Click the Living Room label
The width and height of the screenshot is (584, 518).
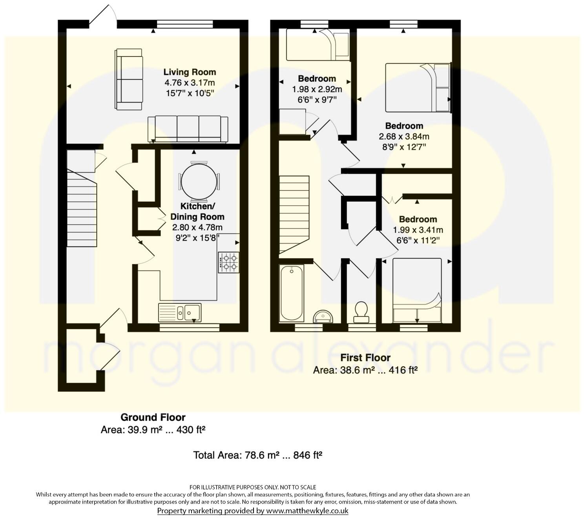point(190,72)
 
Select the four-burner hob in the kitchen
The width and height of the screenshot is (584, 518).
point(228,263)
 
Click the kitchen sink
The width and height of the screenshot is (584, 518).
point(180,312)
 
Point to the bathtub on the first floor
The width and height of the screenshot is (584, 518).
point(292,294)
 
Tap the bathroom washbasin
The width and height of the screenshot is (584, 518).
point(323,316)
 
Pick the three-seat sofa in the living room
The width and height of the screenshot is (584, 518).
point(188,129)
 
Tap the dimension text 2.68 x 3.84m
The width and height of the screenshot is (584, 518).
point(404,136)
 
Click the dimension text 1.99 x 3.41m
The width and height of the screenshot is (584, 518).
point(418,230)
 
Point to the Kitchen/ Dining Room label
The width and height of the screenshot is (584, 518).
point(197,212)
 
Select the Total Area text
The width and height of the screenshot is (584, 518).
point(258,455)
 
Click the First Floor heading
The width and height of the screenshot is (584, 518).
point(365,358)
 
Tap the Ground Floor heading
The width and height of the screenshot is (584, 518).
point(153,417)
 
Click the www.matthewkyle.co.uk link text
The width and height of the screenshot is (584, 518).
point(307,511)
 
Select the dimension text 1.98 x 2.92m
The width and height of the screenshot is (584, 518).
point(317,89)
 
